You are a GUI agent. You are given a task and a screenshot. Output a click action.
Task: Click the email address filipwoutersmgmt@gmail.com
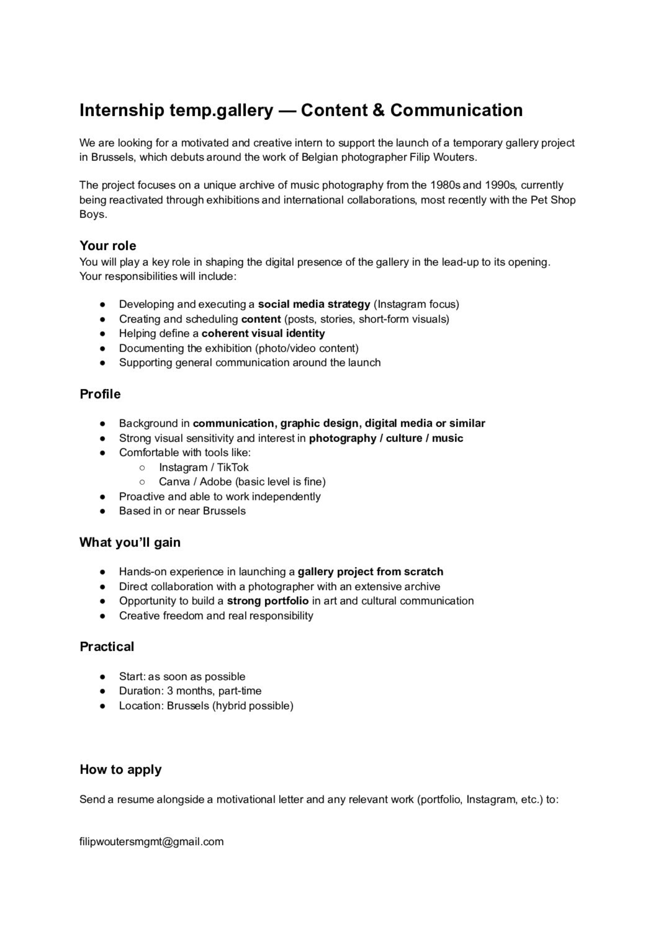tap(151, 842)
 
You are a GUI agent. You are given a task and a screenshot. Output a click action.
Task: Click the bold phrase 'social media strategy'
tap(314, 304)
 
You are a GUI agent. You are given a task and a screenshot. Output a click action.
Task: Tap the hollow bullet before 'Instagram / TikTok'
tap(142, 468)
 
